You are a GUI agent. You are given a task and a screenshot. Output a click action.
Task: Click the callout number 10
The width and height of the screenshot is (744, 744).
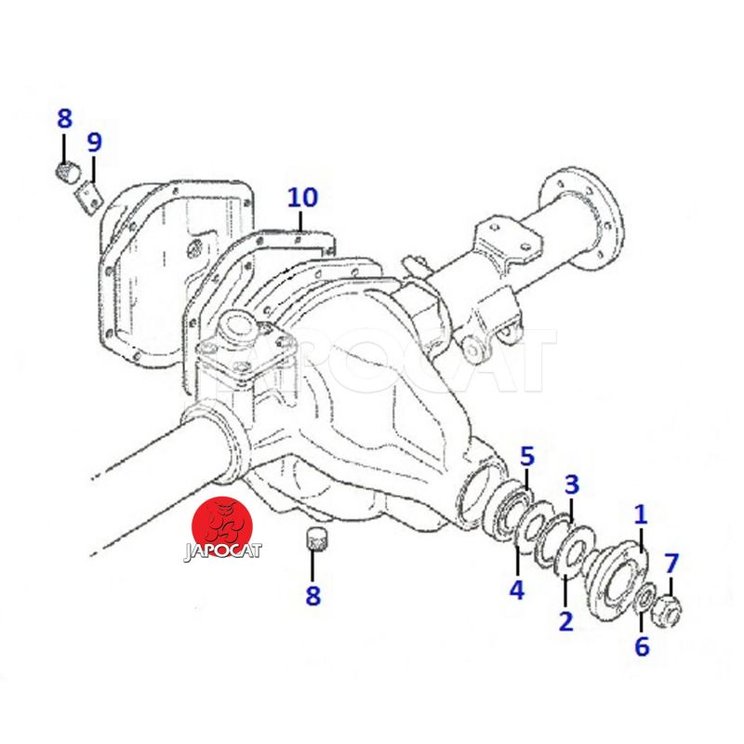(302, 197)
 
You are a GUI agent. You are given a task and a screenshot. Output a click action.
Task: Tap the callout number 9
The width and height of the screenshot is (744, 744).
(94, 142)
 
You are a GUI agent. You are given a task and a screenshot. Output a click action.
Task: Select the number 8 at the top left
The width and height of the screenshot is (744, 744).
(64, 119)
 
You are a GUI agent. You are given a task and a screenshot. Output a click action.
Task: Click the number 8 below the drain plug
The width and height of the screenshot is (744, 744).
(312, 596)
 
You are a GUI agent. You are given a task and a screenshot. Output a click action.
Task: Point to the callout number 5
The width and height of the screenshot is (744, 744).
(527, 456)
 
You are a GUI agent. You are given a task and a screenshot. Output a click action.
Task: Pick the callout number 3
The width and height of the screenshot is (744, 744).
(572, 485)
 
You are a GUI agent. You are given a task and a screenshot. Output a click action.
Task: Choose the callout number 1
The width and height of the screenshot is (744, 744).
(641, 514)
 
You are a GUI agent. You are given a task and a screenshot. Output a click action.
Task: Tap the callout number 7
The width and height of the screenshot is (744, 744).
(671, 564)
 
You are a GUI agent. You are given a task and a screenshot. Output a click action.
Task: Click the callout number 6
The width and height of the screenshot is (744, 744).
(642, 645)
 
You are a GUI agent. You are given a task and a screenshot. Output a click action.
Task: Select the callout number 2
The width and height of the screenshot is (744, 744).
(565, 621)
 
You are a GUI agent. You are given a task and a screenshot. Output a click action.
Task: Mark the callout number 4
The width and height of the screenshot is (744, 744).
(517, 590)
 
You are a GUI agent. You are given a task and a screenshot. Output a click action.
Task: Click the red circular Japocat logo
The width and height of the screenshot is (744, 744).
(221, 526)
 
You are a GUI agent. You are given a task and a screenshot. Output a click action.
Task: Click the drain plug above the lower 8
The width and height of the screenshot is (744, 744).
(312, 538)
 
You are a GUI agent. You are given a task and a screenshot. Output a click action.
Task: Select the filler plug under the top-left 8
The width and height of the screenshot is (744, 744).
(66, 172)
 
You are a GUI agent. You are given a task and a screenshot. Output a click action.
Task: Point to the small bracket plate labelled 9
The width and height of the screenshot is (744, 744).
(88, 197)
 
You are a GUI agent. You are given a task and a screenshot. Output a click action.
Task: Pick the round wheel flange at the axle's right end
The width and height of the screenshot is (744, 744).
(582, 217)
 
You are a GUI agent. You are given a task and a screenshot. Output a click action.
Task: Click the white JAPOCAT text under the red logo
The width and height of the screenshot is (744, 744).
(222, 551)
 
